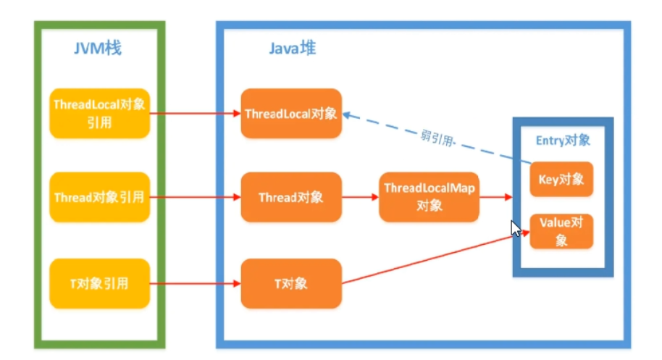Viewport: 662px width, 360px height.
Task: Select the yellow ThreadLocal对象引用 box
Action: [100, 113]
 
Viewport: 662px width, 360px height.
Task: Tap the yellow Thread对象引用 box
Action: [100, 196]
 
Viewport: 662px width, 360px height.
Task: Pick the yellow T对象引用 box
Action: [100, 283]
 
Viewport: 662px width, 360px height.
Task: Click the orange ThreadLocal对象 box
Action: [290, 114]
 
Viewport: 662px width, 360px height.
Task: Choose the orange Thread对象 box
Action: [290, 196]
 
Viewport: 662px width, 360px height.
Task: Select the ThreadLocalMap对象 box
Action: [429, 196]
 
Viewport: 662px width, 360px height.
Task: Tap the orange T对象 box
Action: [290, 283]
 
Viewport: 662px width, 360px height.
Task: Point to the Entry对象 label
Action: [562, 139]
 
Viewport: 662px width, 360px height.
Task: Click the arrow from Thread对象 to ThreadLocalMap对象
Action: [359, 196]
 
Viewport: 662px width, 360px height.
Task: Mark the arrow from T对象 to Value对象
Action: [435, 257]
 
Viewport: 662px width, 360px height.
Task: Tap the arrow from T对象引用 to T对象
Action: [196, 283]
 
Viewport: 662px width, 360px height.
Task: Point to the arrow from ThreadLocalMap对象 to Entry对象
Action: [497, 196]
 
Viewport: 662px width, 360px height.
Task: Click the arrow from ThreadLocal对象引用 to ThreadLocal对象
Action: [196, 114]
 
